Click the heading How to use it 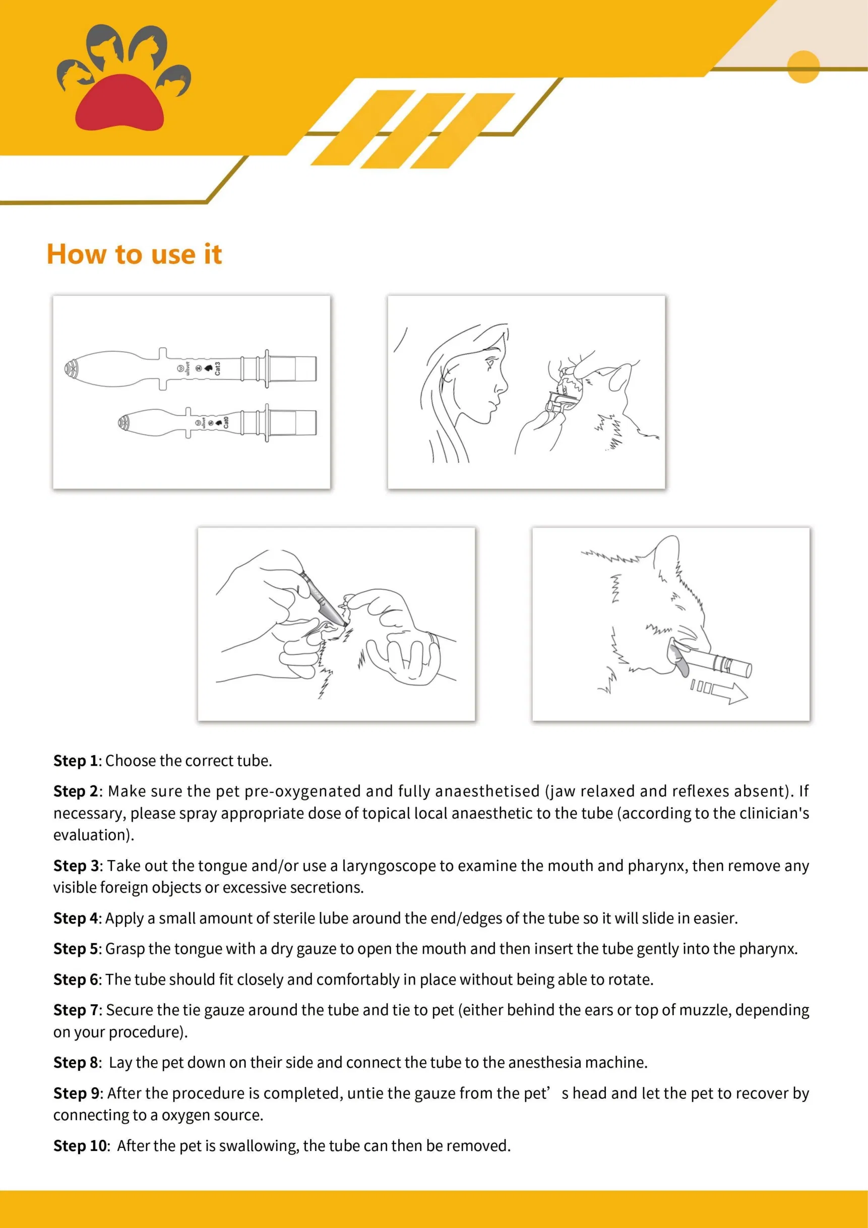click(x=134, y=254)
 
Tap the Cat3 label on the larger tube click(x=218, y=369)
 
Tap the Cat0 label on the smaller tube click(x=226, y=422)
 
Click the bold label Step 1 click(x=76, y=761)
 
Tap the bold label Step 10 click(x=80, y=1146)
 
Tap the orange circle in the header click(x=803, y=67)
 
